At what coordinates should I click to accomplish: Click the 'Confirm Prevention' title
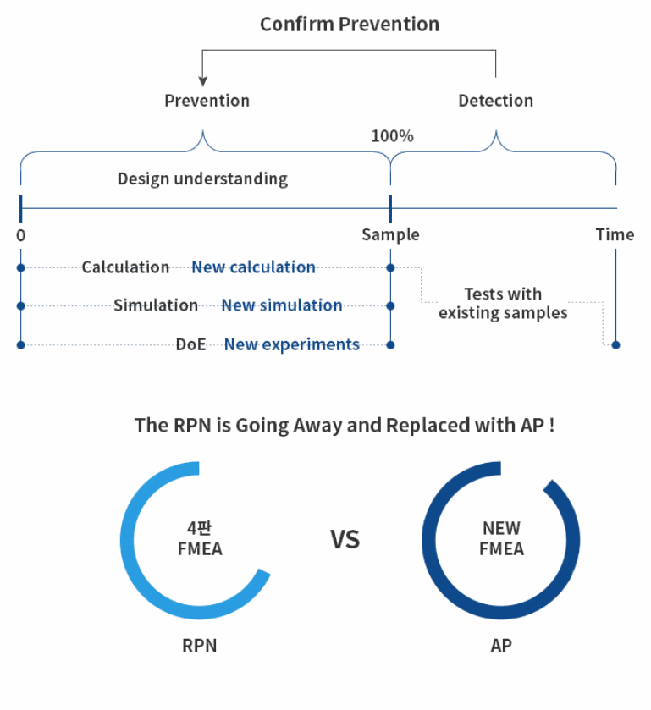pyautogui.click(x=350, y=25)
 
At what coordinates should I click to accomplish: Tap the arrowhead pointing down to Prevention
pyautogui.click(x=203, y=81)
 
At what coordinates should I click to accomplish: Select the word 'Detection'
pyautogui.click(x=495, y=101)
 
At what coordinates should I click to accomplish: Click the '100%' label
pyautogui.click(x=392, y=136)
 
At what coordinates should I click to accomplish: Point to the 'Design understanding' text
pyautogui.click(x=202, y=179)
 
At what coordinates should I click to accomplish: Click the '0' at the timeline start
pyautogui.click(x=21, y=235)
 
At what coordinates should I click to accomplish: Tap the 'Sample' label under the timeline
pyautogui.click(x=390, y=235)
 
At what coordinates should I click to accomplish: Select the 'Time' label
pyautogui.click(x=615, y=234)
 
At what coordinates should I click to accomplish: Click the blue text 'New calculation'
pyautogui.click(x=253, y=267)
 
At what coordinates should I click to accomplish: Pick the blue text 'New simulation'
pyautogui.click(x=281, y=305)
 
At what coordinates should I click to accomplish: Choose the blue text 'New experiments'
pyautogui.click(x=292, y=344)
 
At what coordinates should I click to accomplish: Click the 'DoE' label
pyautogui.click(x=190, y=344)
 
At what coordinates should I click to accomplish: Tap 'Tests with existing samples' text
pyautogui.click(x=503, y=304)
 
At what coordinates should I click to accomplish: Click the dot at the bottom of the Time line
pyautogui.click(x=615, y=345)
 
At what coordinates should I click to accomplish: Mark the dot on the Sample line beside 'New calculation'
pyautogui.click(x=390, y=268)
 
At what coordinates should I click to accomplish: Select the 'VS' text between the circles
pyautogui.click(x=345, y=539)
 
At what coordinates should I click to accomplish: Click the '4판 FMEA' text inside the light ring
pyautogui.click(x=200, y=538)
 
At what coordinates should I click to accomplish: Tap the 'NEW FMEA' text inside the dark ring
pyautogui.click(x=501, y=538)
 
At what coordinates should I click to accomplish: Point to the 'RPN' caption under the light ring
pyautogui.click(x=199, y=645)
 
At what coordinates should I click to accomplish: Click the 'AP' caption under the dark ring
pyautogui.click(x=501, y=645)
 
